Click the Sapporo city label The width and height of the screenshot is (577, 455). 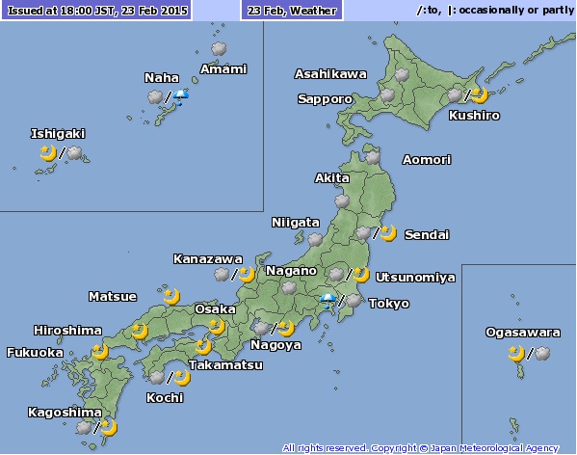325,98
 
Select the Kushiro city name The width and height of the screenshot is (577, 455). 474,115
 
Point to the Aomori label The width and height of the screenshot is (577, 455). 426,159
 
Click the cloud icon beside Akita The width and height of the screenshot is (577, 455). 342,201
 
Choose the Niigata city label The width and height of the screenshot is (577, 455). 295,222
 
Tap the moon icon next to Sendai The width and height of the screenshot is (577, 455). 387,232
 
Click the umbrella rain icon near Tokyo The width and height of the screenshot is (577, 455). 329,302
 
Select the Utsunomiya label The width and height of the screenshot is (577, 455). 414,277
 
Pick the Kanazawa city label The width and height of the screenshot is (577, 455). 207,258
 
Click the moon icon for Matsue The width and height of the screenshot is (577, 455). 171,295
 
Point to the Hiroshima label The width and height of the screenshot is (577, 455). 67,330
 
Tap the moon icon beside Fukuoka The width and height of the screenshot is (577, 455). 99,350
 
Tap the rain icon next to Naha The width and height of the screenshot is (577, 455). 180,96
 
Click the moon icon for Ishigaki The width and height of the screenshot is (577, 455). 47,152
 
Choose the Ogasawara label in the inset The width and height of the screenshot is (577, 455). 522,333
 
